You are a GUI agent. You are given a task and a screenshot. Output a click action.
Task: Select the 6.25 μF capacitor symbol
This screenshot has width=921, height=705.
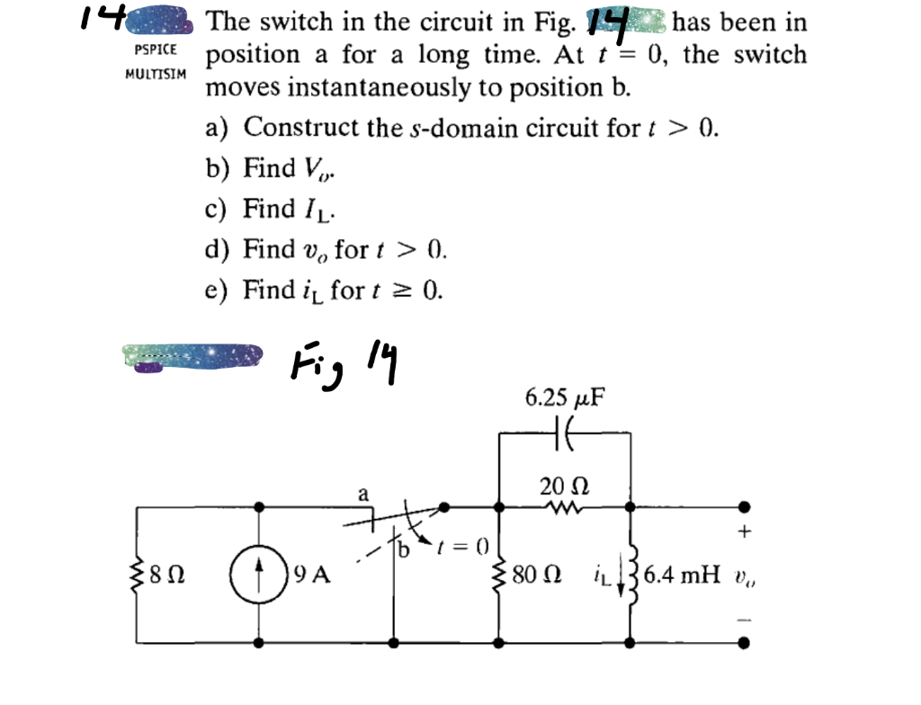pyautogui.click(x=564, y=433)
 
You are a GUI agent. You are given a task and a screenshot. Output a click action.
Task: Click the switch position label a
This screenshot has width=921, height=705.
pyautogui.click(x=363, y=493)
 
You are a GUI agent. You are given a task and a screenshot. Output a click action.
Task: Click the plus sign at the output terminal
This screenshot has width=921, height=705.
pyautogui.click(x=743, y=531)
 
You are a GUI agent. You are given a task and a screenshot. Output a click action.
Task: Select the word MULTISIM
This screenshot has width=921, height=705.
pyautogui.click(x=156, y=74)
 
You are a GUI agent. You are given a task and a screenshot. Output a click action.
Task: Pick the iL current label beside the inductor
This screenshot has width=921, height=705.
pyautogui.click(x=603, y=574)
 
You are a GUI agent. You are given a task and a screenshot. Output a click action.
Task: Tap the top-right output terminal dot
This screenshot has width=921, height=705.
pyautogui.click(x=744, y=506)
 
